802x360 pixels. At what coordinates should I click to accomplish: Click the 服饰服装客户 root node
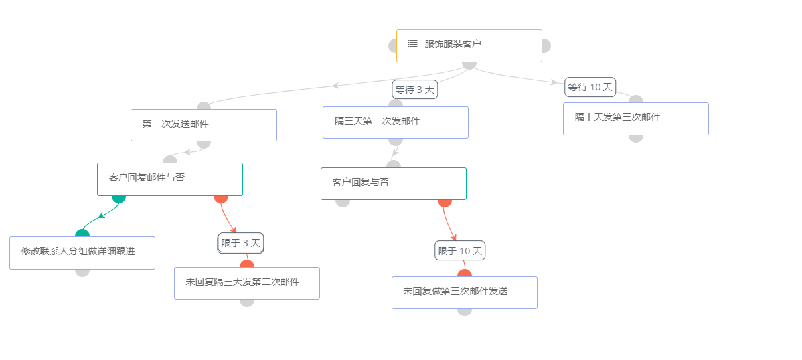click(x=469, y=45)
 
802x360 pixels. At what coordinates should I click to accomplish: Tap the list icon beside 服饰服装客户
click(x=412, y=44)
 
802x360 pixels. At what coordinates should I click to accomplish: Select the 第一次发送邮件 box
click(x=203, y=125)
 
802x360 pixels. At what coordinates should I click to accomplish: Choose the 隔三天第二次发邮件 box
click(x=395, y=122)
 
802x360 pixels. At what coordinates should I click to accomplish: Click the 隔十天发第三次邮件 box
click(x=635, y=118)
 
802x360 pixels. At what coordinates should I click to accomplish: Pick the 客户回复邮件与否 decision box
click(x=169, y=179)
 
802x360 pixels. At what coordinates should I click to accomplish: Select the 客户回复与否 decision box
click(x=393, y=183)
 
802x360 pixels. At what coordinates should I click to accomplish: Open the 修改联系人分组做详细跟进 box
click(x=82, y=252)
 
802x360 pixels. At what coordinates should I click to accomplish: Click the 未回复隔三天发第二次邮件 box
click(x=246, y=283)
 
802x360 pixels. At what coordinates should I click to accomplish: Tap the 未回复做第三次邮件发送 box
click(x=464, y=292)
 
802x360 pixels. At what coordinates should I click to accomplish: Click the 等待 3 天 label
click(x=414, y=89)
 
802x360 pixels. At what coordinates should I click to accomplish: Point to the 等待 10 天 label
click(x=590, y=87)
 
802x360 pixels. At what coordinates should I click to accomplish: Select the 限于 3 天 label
click(x=240, y=243)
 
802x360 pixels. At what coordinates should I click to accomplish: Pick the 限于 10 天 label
click(x=459, y=250)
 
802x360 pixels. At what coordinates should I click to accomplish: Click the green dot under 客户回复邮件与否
click(x=119, y=197)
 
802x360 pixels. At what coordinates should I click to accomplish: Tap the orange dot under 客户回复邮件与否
click(x=221, y=197)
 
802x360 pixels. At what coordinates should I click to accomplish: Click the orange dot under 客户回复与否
click(x=445, y=201)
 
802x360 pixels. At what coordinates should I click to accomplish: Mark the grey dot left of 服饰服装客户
click(x=392, y=46)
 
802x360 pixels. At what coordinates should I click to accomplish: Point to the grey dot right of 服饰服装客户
click(x=546, y=46)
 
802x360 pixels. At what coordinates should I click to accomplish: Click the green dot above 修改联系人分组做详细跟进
click(x=82, y=234)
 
